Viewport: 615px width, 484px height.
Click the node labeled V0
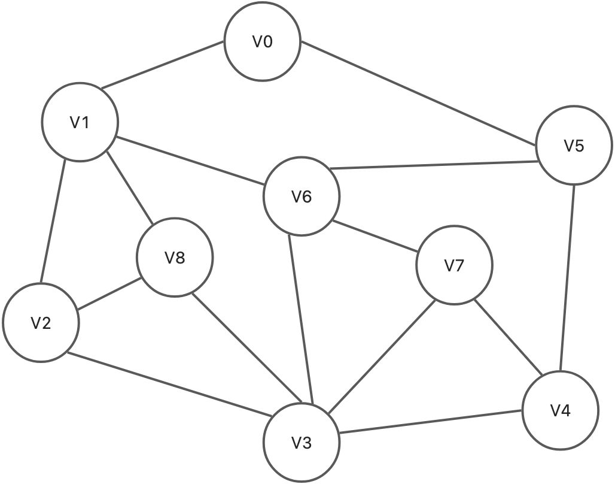pyautogui.click(x=262, y=43)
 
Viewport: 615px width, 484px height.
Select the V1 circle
pyautogui.click(x=80, y=123)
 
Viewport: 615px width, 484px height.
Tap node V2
pyautogui.click(x=41, y=323)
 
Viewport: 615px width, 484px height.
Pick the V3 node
pyautogui.click(x=302, y=443)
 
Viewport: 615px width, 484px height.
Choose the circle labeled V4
pyautogui.click(x=561, y=411)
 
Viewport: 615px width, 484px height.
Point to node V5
pyautogui.click(x=574, y=146)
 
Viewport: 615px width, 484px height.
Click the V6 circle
pyautogui.click(x=302, y=196)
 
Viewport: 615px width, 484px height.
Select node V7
pyautogui.click(x=455, y=265)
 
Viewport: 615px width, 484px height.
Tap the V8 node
pyautogui.click(x=175, y=258)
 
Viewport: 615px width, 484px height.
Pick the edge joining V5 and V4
pyautogui.click(x=568, y=279)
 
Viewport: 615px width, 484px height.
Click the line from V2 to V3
pyautogui.click(x=168, y=383)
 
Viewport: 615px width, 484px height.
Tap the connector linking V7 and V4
pyautogui.click(x=509, y=338)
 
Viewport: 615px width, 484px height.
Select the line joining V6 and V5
pyautogui.click(x=434, y=165)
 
